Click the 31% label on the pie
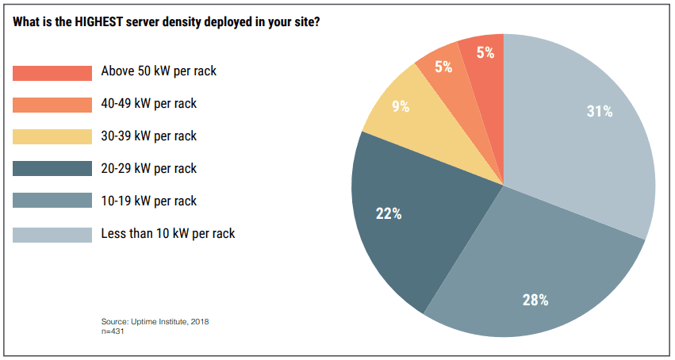point(600,112)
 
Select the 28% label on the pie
point(535,300)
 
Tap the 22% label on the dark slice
point(389,213)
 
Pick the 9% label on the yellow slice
point(401,106)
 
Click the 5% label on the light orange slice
point(443,67)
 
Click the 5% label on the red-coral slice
point(485,53)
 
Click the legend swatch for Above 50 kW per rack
point(52,72)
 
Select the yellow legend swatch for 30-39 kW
point(52,136)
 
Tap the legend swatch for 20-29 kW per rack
point(52,169)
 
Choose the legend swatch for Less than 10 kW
point(52,234)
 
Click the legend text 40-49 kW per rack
point(149,103)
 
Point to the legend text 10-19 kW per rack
point(149,201)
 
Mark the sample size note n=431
point(113,331)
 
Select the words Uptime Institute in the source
point(155,321)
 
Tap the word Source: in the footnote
point(114,321)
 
